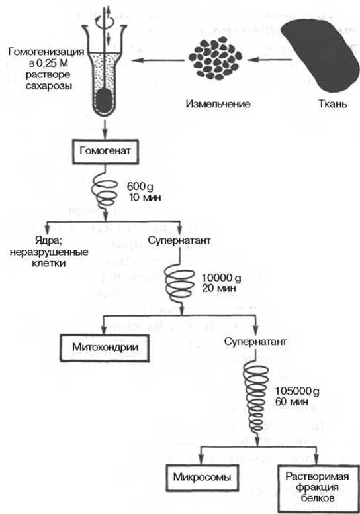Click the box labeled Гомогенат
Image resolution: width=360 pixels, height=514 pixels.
tap(105, 152)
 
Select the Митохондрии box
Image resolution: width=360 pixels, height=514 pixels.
tap(105, 348)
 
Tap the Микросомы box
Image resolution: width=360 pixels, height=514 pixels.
tap(202, 478)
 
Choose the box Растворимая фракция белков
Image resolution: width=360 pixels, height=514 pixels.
tap(317, 487)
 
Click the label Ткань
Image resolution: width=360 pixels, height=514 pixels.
tap(333, 104)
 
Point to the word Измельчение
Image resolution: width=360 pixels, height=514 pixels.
tap(218, 104)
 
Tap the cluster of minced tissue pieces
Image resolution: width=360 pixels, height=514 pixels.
tap(215, 58)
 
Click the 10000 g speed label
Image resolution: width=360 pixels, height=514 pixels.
tap(222, 278)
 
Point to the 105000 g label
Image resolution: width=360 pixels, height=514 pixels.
tap(297, 391)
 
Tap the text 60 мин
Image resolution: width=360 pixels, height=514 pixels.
tap(292, 401)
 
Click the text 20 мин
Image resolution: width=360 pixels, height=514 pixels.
tap(219, 289)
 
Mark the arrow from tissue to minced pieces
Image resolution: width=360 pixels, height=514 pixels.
tap(269, 60)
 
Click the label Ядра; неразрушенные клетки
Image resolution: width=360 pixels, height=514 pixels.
tap(49, 252)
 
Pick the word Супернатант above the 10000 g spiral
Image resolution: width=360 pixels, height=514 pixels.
tap(179, 240)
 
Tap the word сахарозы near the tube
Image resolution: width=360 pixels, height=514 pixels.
tap(48, 86)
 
